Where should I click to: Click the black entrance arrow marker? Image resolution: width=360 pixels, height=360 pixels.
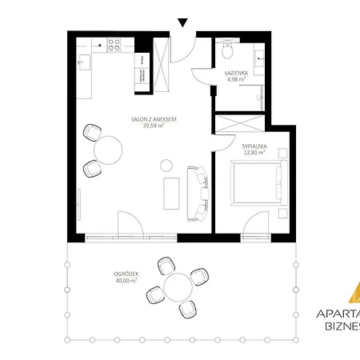(183, 23)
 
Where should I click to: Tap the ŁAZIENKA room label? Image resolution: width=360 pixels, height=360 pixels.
(236, 73)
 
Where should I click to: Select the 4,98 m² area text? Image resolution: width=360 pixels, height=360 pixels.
(236, 79)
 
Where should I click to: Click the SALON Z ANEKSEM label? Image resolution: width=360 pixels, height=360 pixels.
(154, 119)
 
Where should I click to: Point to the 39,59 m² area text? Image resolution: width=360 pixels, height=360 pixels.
(154, 126)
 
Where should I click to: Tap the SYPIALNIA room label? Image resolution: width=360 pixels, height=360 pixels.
(254, 146)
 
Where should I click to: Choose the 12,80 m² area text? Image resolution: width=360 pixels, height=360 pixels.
(254, 153)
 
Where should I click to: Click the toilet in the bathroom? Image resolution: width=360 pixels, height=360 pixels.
(226, 53)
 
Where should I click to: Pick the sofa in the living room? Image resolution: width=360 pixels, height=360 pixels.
(198, 192)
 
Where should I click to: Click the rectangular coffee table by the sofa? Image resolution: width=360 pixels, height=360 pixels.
(170, 194)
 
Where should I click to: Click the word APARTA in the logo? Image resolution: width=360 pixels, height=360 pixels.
(337, 314)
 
